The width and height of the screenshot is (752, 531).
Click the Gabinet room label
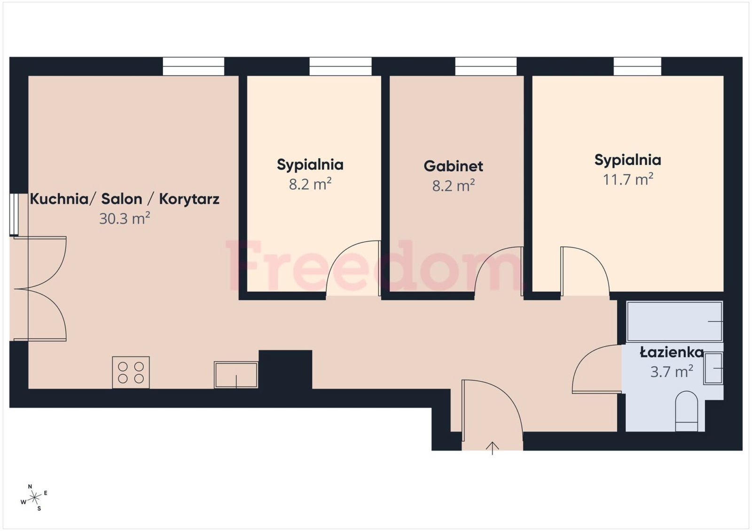(453, 166)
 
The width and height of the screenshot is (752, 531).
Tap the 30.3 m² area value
(125, 218)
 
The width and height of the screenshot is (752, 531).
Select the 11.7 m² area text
(628, 179)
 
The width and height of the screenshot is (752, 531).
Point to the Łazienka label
(672, 352)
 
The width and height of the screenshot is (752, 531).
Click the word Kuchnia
(59, 199)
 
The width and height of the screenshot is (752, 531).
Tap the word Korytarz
(189, 199)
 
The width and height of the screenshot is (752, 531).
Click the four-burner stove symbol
(131, 372)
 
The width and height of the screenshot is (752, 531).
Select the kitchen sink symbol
(236, 375)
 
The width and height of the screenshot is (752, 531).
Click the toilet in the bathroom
(687, 411)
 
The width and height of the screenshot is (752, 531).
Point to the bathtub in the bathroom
(675, 321)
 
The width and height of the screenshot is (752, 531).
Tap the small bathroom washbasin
(713, 368)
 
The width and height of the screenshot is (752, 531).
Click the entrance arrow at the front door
(492, 448)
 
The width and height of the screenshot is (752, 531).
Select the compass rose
(34, 498)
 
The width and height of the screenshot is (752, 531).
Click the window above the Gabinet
(486, 66)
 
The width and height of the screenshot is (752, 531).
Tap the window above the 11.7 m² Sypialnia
(637, 66)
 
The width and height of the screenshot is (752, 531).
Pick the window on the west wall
(14, 215)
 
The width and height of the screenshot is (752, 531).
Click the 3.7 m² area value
(672, 372)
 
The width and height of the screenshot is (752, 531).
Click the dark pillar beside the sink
(285, 369)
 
